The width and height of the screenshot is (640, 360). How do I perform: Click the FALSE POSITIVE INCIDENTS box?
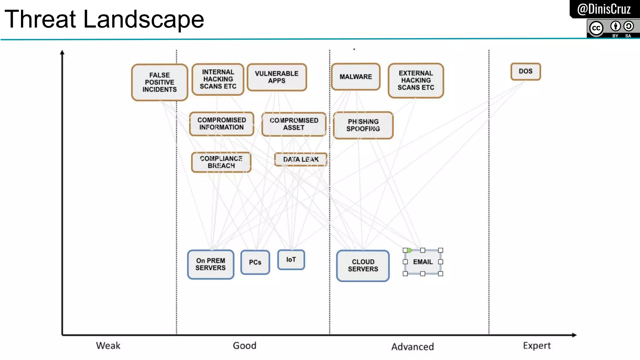coord(159,82)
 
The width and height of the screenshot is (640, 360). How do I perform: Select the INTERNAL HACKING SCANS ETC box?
coord(218,79)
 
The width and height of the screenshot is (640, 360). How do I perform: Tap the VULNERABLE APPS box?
coord(277,77)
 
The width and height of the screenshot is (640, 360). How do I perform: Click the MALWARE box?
coord(356,77)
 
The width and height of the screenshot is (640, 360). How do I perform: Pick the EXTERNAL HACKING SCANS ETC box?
coord(416,80)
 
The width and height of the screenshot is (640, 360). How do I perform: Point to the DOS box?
coord(525,71)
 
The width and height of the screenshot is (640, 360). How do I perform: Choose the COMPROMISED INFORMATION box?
coord(221,124)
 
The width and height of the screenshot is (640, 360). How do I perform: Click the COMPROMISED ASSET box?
coord(294,124)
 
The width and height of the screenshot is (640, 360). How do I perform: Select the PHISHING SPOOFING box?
coord(363,125)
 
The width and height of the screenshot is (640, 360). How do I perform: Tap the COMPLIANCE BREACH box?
coord(221,162)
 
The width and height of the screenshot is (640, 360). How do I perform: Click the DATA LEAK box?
coord(301,159)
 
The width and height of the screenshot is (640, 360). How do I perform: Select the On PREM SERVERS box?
coord(210,264)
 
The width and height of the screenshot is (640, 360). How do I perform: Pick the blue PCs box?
coord(255,262)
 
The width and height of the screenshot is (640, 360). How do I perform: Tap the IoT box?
coord(291,260)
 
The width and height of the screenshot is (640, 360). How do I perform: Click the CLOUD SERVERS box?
coord(363,266)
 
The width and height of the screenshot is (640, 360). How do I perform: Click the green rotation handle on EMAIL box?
coord(409,250)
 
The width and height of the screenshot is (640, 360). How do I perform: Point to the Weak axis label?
coord(108,346)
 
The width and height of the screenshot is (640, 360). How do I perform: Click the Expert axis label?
coord(537,346)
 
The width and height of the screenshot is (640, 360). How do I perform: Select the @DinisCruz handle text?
coord(604,9)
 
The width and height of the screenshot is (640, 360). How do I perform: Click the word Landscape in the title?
coord(143,19)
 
